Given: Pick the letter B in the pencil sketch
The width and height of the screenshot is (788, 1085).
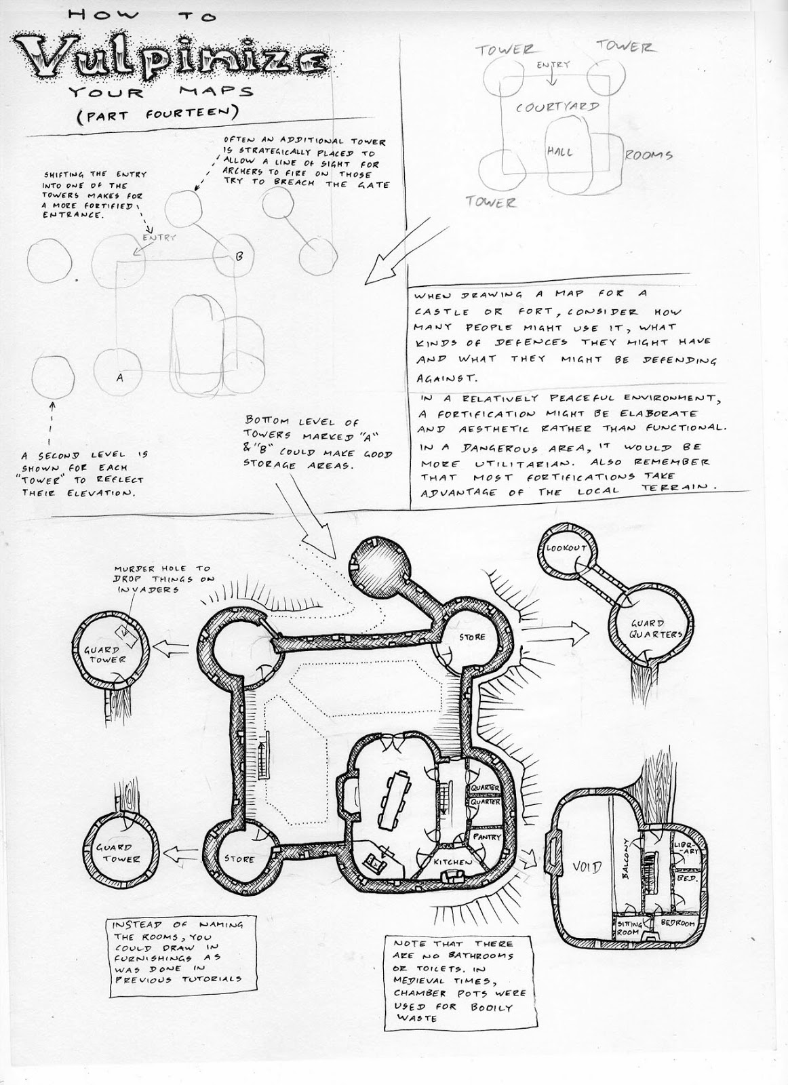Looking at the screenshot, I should pyautogui.click(x=239, y=256).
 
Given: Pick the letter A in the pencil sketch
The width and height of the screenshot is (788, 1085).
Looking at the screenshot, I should pyautogui.click(x=119, y=378).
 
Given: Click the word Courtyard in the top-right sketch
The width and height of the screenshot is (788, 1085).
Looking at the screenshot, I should pyautogui.click(x=556, y=107).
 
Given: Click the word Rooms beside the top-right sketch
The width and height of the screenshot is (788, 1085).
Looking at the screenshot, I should pyautogui.click(x=648, y=155).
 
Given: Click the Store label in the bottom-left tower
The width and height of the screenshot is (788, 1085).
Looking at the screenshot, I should pyautogui.click(x=239, y=859).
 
